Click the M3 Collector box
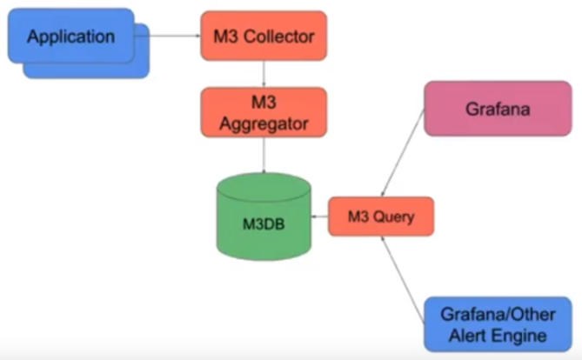[264, 36]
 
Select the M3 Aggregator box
[264, 112]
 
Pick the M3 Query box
[380, 217]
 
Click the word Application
[70, 37]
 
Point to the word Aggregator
[264, 123]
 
